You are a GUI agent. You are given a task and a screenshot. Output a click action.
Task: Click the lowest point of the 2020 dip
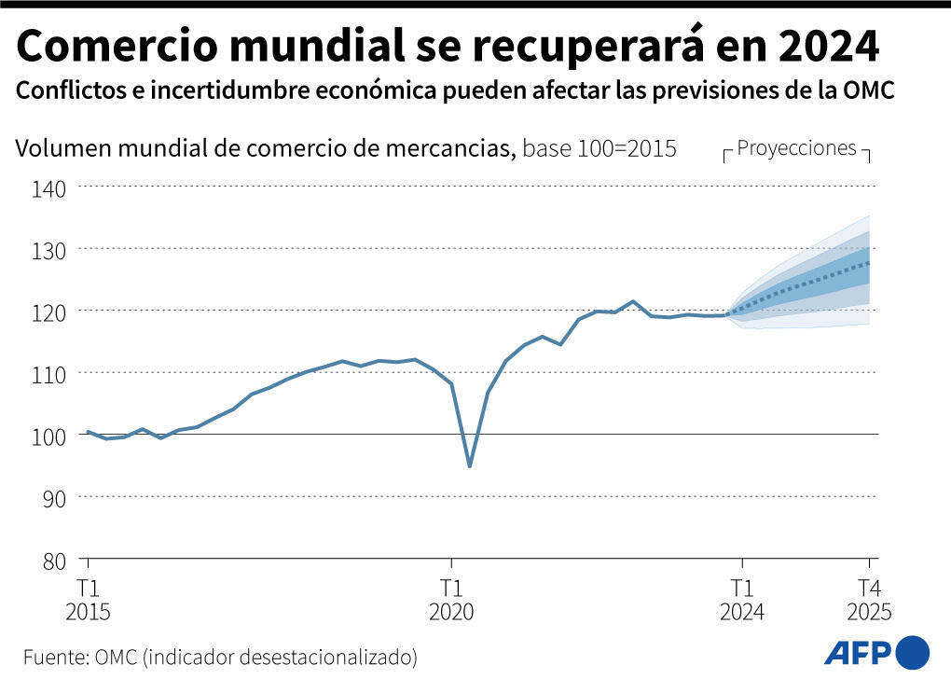(469, 466)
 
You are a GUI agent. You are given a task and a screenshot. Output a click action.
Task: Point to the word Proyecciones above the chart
(796, 147)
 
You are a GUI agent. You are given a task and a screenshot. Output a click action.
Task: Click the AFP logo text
(858, 651)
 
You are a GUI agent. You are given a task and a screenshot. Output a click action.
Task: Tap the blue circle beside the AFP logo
(912, 651)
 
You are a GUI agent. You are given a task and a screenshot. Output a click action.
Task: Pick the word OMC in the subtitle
(869, 91)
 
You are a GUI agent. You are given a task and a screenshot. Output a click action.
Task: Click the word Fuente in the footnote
(53, 657)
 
